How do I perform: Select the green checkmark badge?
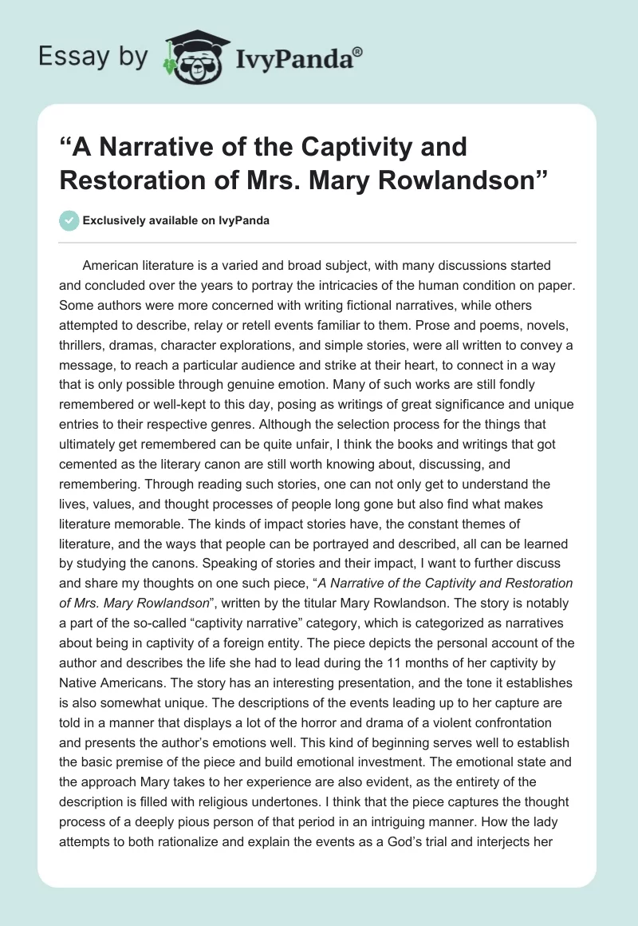69,220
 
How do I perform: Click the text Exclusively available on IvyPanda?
176,221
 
